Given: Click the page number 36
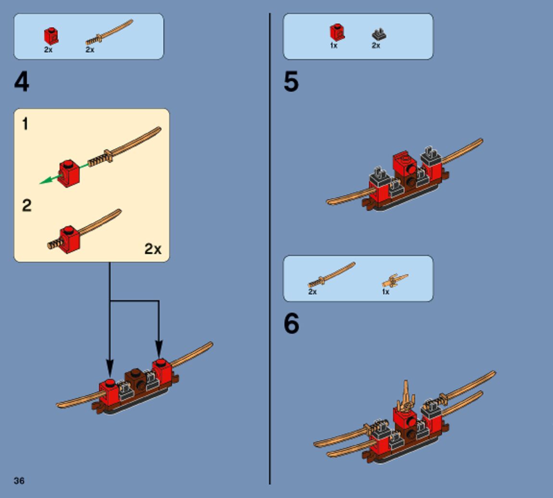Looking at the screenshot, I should pyautogui.click(x=19, y=481).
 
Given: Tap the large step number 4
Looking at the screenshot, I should pyautogui.click(x=22, y=82).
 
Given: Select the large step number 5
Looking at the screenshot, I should pyautogui.click(x=291, y=82).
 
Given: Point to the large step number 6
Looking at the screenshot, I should pyautogui.click(x=292, y=324).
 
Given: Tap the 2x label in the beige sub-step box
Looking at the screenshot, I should pyautogui.click(x=153, y=249).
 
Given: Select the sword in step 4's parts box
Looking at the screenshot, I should pyautogui.click(x=109, y=32).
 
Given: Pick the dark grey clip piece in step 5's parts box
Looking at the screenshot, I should pyautogui.click(x=379, y=34).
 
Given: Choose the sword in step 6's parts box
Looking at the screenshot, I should pyautogui.click(x=331, y=274).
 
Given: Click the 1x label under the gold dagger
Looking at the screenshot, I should pyautogui.click(x=386, y=292).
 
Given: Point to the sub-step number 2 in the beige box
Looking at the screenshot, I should pyautogui.click(x=27, y=206).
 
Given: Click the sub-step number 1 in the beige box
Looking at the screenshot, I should pyautogui.click(x=25, y=124).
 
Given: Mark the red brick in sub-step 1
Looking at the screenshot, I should pyautogui.click(x=69, y=172).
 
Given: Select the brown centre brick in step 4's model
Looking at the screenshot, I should pyautogui.click(x=135, y=379).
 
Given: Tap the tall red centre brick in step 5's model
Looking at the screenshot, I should pyautogui.click(x=404, y=164).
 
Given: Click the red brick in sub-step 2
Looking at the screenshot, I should pyautogui.click(x=69, y=239).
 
